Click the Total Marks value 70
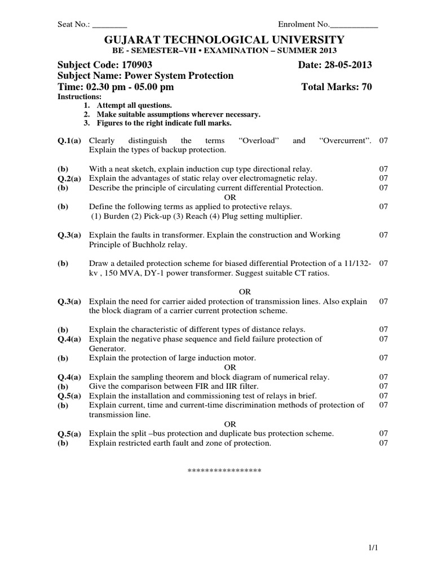point(365,87)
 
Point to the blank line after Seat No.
point(109,25)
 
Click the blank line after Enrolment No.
point(354,25)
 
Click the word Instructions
point(76,97)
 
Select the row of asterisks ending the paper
point(224,470)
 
